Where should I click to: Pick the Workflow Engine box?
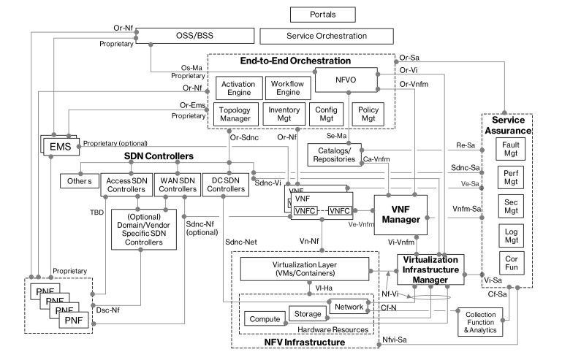(286, 89)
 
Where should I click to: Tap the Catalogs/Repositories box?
(335, 154)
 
